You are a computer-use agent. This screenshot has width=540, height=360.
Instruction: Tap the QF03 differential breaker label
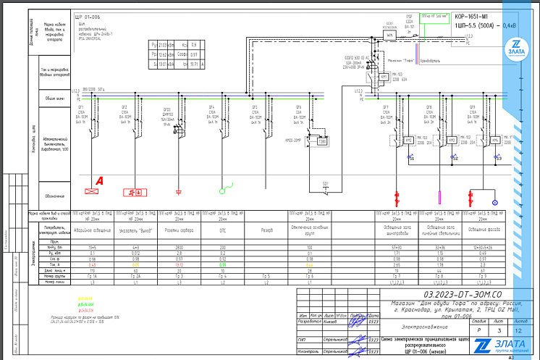coord(168,110)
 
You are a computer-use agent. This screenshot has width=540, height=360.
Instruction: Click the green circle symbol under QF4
coord(225,191)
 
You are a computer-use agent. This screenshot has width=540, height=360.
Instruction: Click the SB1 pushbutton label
coord(326,183)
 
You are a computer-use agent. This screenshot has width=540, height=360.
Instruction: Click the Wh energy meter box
coord(389,34)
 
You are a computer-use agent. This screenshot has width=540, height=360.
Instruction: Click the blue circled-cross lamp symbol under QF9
coord(495,203)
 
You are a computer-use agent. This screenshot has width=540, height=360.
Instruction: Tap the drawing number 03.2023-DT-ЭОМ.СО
coord(462,295)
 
